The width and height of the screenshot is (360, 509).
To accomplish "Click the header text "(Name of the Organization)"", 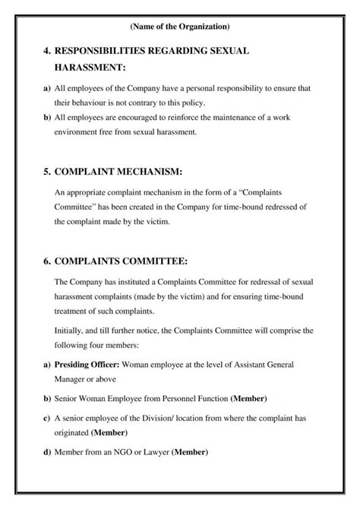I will (x=180, y=27).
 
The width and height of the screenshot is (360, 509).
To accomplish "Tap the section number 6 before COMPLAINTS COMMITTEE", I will (x=47, y=261).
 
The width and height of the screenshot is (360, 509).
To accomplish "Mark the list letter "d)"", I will (x=48, y=453).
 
